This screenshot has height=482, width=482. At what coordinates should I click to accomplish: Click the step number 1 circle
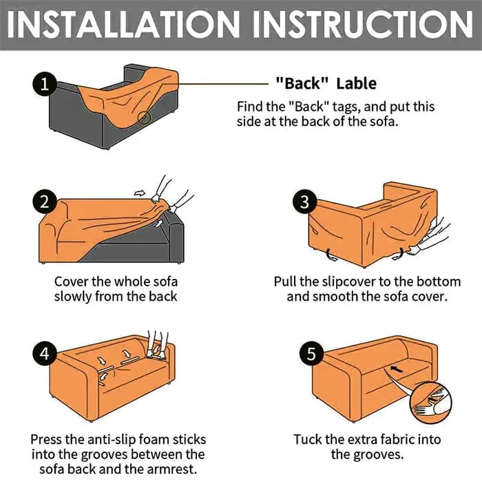(x=45, y=83)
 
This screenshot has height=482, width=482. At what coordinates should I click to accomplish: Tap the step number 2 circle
(x=45, y=202)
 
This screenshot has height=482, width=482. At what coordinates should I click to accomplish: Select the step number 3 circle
(x=304, y=202)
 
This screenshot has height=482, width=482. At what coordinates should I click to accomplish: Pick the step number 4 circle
(x=45, y=353)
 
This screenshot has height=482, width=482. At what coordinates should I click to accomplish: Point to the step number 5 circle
(x=311, y=353)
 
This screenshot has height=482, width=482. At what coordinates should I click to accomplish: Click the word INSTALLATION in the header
(x=123, y=25)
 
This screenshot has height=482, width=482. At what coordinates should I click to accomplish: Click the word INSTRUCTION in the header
(x=363, y=25)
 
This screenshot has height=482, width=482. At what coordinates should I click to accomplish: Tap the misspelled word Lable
(x=356, y=83)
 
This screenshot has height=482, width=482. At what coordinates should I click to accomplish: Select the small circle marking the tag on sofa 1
(x=143, y=118)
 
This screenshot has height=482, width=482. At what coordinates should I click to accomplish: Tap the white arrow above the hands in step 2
(x=140, y=193)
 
